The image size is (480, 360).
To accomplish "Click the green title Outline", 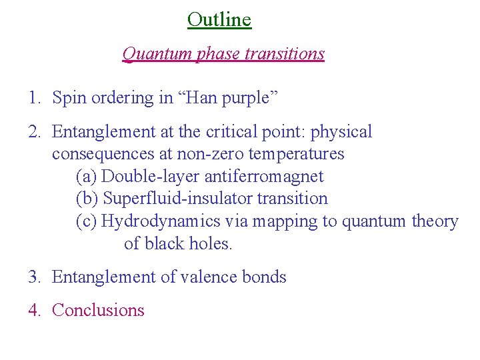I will coord(219,19).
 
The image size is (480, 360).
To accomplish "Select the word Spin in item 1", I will coord(67,98).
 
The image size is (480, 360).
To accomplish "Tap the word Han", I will coord(197,98).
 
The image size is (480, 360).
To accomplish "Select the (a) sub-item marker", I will coord(87,177).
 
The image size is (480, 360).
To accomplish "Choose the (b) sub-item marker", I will coord(87,199).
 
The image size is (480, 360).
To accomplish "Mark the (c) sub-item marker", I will coord(87,221).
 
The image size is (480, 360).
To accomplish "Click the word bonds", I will coord(265,277).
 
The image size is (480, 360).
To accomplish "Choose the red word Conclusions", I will coord(98,310).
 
